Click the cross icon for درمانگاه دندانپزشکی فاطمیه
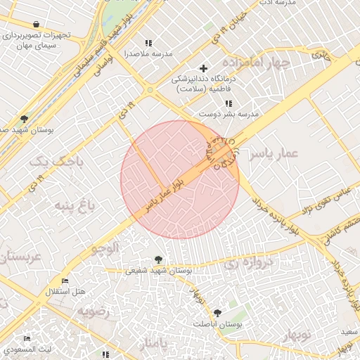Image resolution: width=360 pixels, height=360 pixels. (204, 68)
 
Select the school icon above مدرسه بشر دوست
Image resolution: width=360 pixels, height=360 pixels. (228, 103)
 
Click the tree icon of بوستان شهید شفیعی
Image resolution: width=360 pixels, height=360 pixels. (157, 259)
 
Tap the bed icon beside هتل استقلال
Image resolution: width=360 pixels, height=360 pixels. (65, 281)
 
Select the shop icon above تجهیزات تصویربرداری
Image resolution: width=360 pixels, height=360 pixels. (36, 25)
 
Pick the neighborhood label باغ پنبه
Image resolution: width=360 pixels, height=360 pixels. (72, 206)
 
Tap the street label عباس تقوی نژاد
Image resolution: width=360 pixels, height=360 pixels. (326, 200)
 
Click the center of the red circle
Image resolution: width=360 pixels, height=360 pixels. (180, 179)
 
